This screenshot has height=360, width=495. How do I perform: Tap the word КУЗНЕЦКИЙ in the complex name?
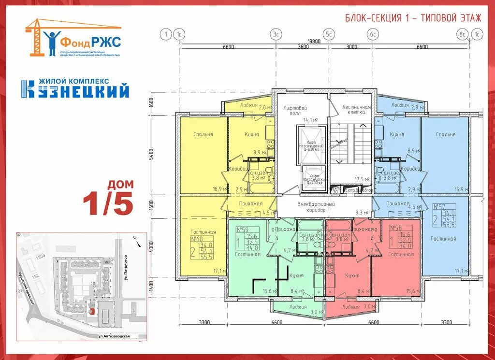[x=75, y=90]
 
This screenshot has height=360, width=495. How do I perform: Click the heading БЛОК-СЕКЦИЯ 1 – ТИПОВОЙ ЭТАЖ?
[x=413, y=18]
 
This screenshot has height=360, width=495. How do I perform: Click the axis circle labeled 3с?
[x=276, y=34]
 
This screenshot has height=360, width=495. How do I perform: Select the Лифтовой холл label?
[x=296, y=111]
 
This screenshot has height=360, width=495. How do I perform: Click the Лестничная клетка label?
[x=356, y=109]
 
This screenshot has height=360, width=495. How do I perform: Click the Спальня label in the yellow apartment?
[x=203, y=134]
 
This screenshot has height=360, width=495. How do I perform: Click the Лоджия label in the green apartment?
[x=298, y=307]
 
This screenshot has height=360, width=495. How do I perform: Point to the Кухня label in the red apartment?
[x=352, y=275]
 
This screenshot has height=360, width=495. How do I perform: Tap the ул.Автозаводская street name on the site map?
[x=115, y=336]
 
